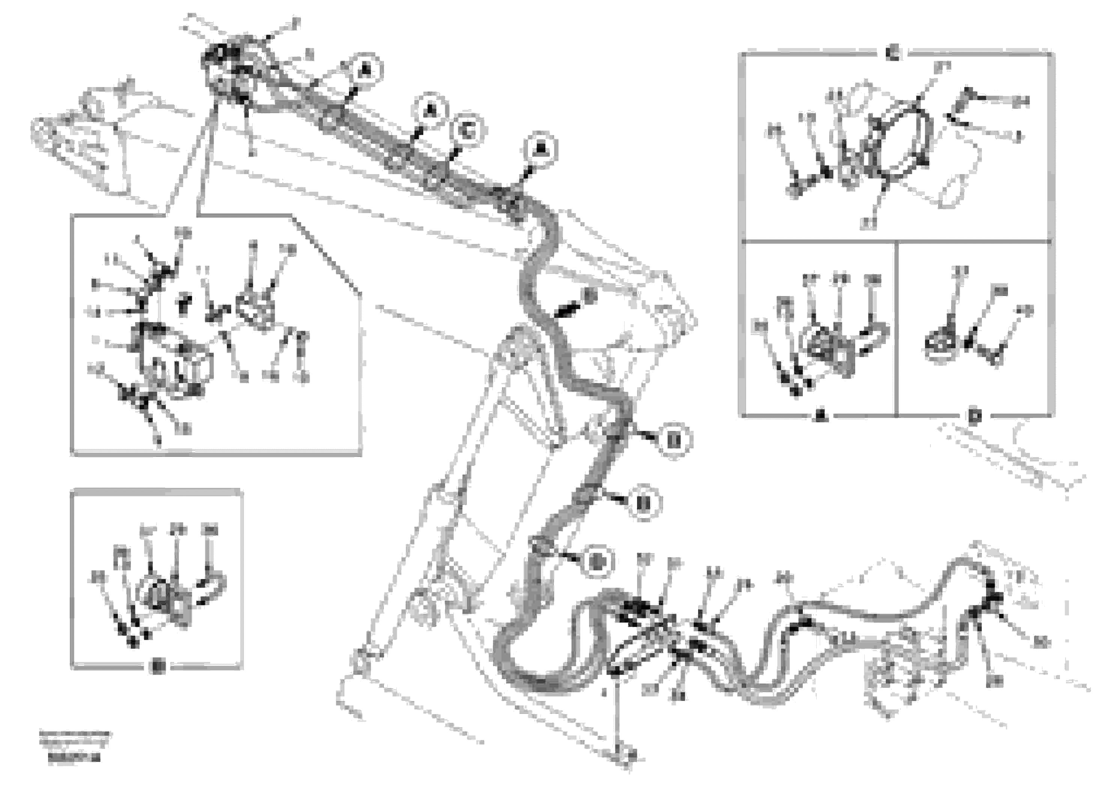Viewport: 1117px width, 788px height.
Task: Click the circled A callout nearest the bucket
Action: [365, 71]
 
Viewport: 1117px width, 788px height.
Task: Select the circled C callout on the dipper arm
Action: [467, 131]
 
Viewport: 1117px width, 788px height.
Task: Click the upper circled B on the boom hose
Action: [673, 441]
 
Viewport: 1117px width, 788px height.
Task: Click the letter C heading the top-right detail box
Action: [893, 53]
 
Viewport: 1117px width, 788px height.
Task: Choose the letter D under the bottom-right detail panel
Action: [974, 417]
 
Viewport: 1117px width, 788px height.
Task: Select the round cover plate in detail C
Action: [900, 141]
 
